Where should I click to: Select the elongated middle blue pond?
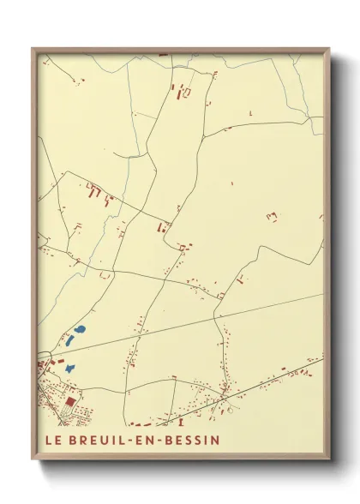[69, 341]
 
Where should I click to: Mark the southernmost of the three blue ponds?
[69, 368]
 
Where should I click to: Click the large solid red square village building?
[69, 400]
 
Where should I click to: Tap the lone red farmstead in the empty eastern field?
[272, 217]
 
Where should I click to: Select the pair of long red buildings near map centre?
[160, 227]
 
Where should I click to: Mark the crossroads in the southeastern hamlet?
[224, 397]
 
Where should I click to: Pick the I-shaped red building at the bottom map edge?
[181, 422]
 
